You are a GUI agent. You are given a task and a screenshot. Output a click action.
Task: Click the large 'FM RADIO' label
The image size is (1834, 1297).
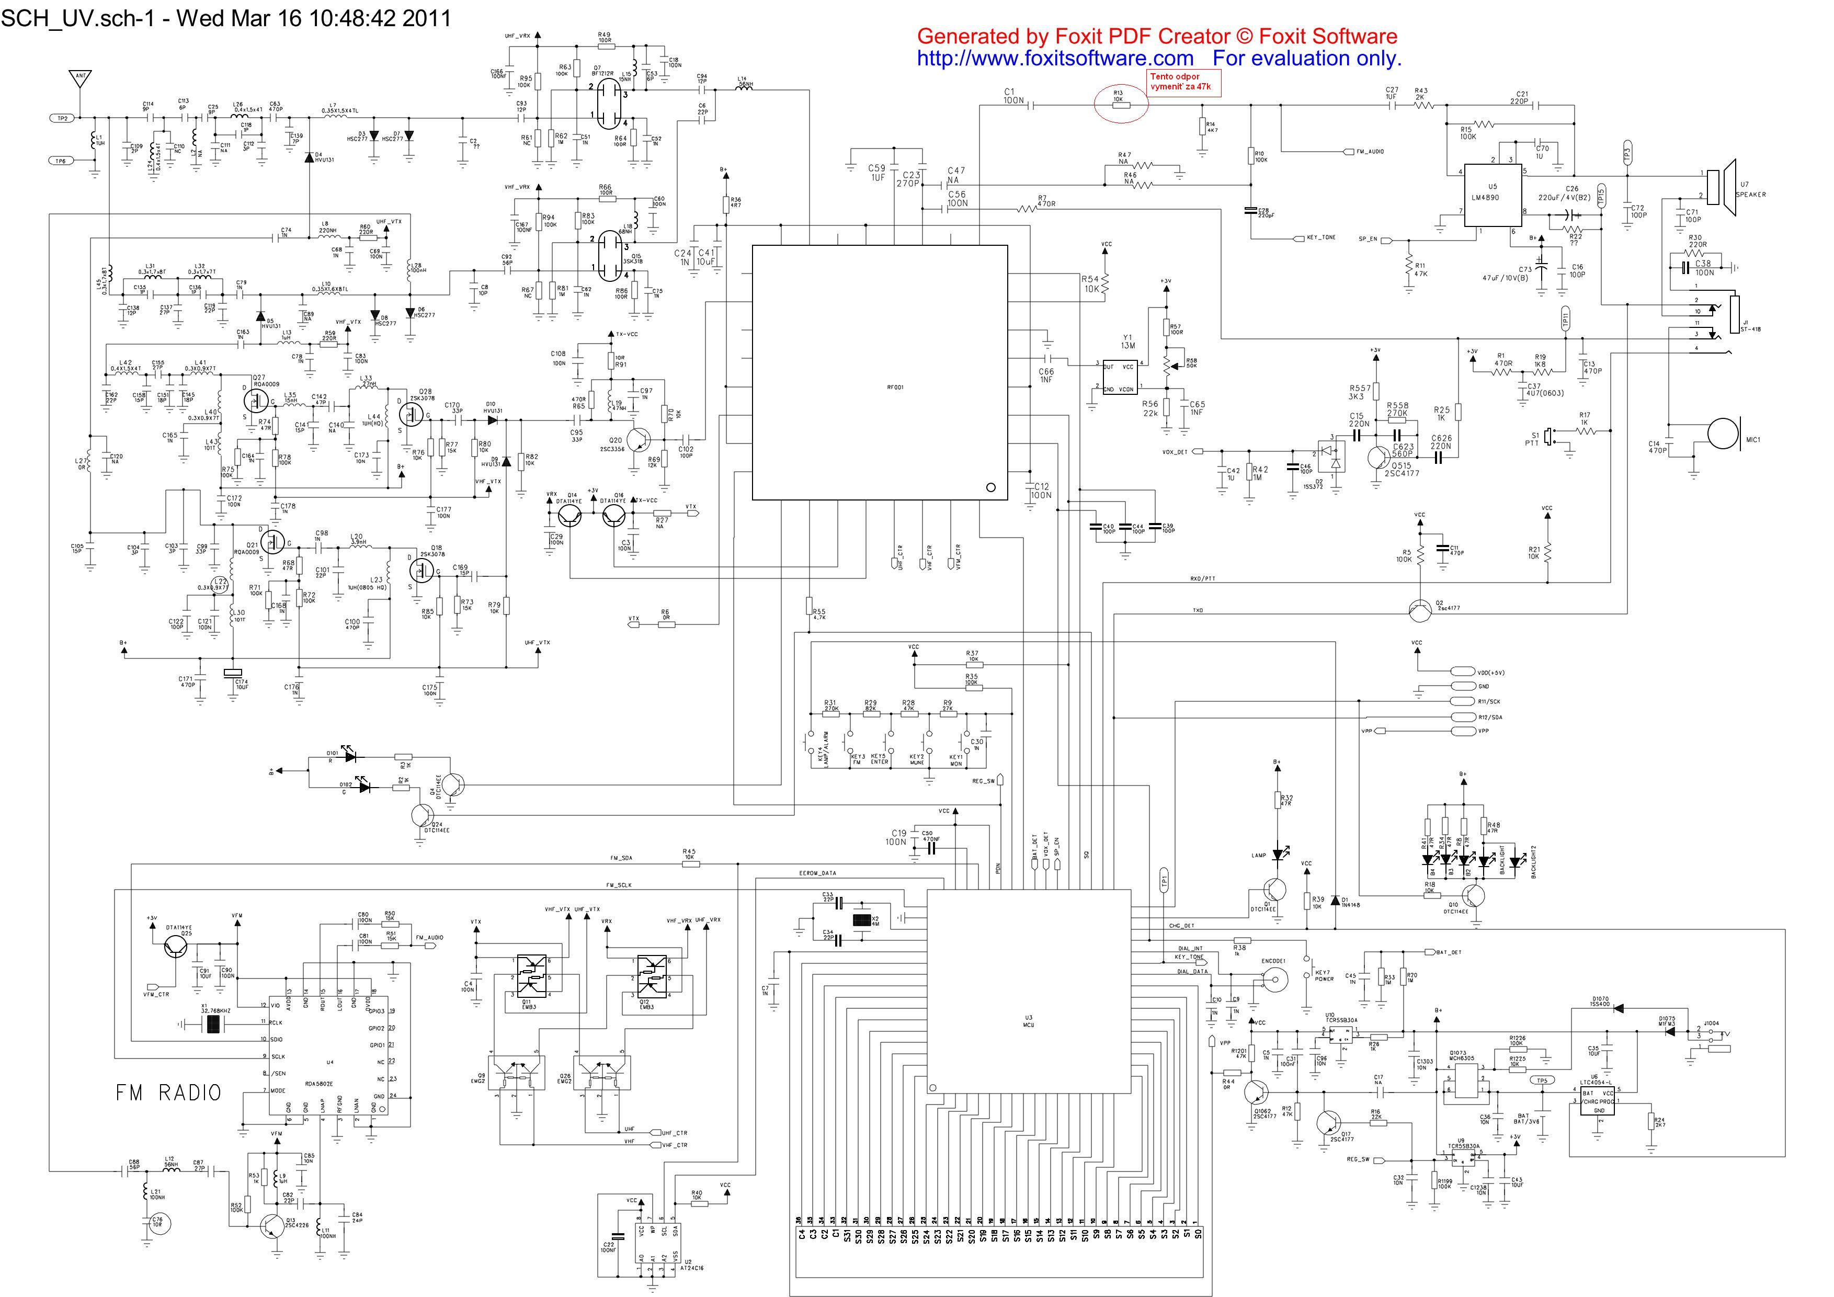tap(168, 1093)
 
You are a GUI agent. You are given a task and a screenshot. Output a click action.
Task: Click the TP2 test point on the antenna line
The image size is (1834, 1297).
tap(62, 118)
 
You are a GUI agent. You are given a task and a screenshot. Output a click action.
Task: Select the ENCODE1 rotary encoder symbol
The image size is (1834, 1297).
tap(1273, 980)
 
